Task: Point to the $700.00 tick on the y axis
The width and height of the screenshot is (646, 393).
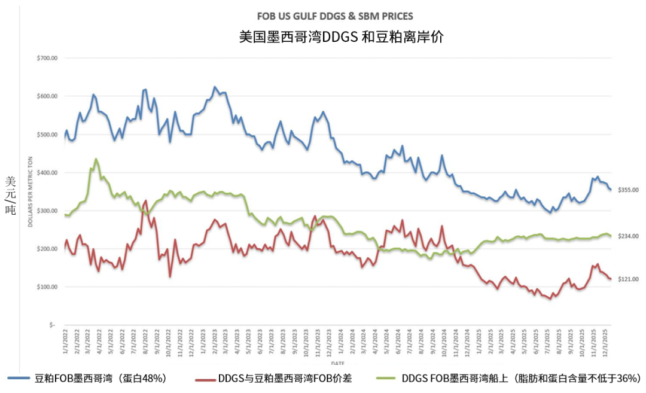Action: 46,59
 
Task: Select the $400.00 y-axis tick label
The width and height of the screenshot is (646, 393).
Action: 46,173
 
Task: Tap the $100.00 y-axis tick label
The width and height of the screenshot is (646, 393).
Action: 46,287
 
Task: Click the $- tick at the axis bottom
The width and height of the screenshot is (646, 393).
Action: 52,325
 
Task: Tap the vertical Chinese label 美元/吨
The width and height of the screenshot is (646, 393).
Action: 10,195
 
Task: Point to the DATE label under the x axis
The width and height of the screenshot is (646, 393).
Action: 337,363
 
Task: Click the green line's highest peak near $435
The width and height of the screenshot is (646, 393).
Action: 96,159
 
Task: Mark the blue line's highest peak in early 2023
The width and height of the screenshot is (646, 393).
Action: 215,87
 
